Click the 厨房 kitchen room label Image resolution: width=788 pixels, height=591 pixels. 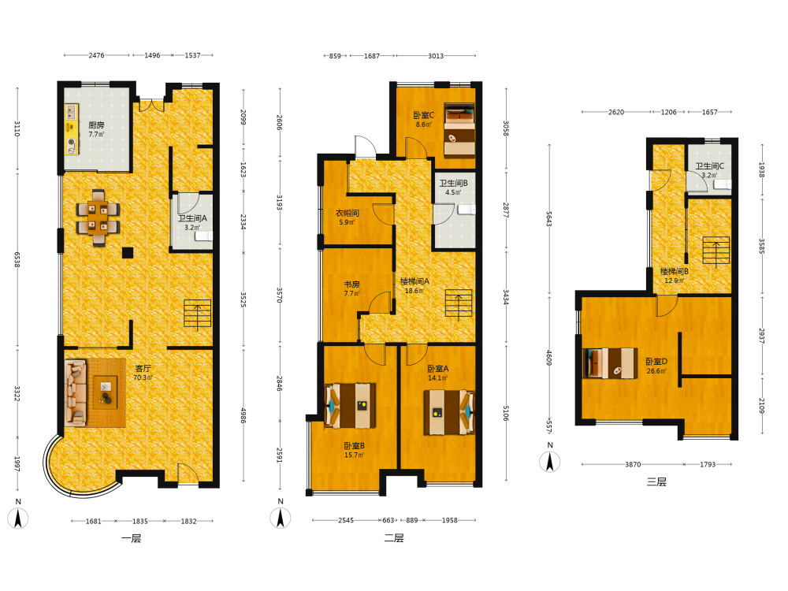point(96,125)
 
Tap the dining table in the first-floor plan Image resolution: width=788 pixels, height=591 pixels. point(98,217)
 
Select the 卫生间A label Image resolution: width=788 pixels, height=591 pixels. point(192,218)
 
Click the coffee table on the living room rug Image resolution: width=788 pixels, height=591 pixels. point(106,392)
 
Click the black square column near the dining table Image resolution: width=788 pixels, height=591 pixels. point(128,253)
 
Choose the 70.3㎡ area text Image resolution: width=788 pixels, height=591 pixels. point(143,378)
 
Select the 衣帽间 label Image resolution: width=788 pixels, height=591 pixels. point(348,213)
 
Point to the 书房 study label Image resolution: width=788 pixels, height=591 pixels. point(351,284)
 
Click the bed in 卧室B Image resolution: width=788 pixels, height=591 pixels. point(351,406)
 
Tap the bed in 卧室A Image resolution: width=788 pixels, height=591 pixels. point(449,413)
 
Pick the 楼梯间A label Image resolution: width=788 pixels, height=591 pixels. point(414,281)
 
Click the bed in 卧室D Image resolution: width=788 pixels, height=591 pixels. point(610,362)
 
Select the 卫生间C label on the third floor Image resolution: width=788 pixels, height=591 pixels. point(710,165)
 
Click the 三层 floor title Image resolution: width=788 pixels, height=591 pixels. point(656,482)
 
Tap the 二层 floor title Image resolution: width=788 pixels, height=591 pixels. point(394,538)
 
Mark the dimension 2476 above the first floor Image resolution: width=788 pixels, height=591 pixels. point(96,55)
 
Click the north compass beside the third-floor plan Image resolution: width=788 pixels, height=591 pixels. point(550,462)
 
